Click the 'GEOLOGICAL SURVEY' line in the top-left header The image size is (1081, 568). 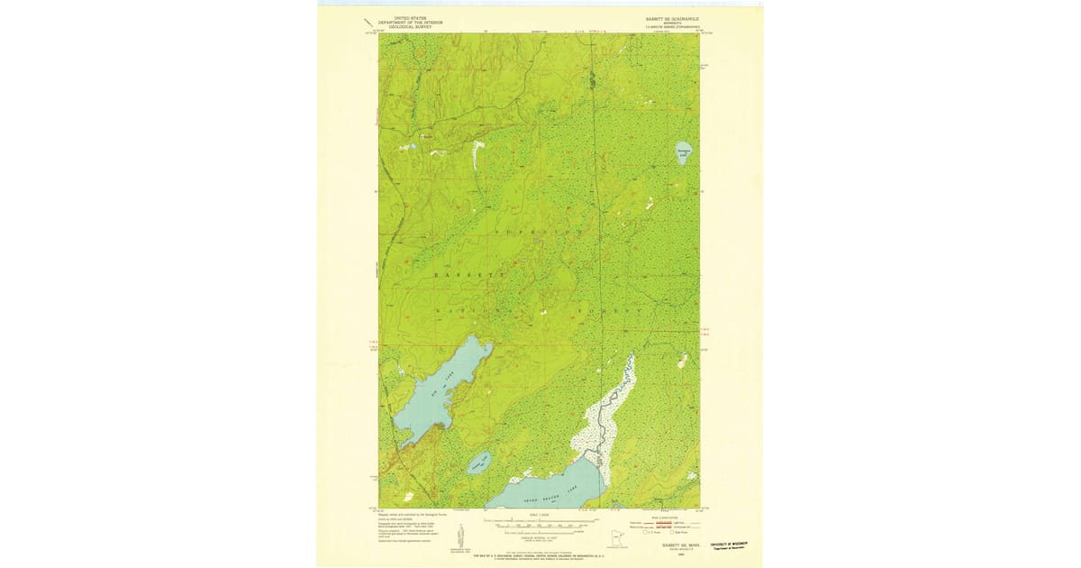click(x=404, y=27)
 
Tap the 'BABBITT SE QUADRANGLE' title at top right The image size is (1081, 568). click(x=671, y=18)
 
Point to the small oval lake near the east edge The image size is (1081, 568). click(x=684, y=154)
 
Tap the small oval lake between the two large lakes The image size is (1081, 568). click(x=477, y=463)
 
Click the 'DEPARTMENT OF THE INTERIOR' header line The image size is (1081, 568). click(x=404, y=23)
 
